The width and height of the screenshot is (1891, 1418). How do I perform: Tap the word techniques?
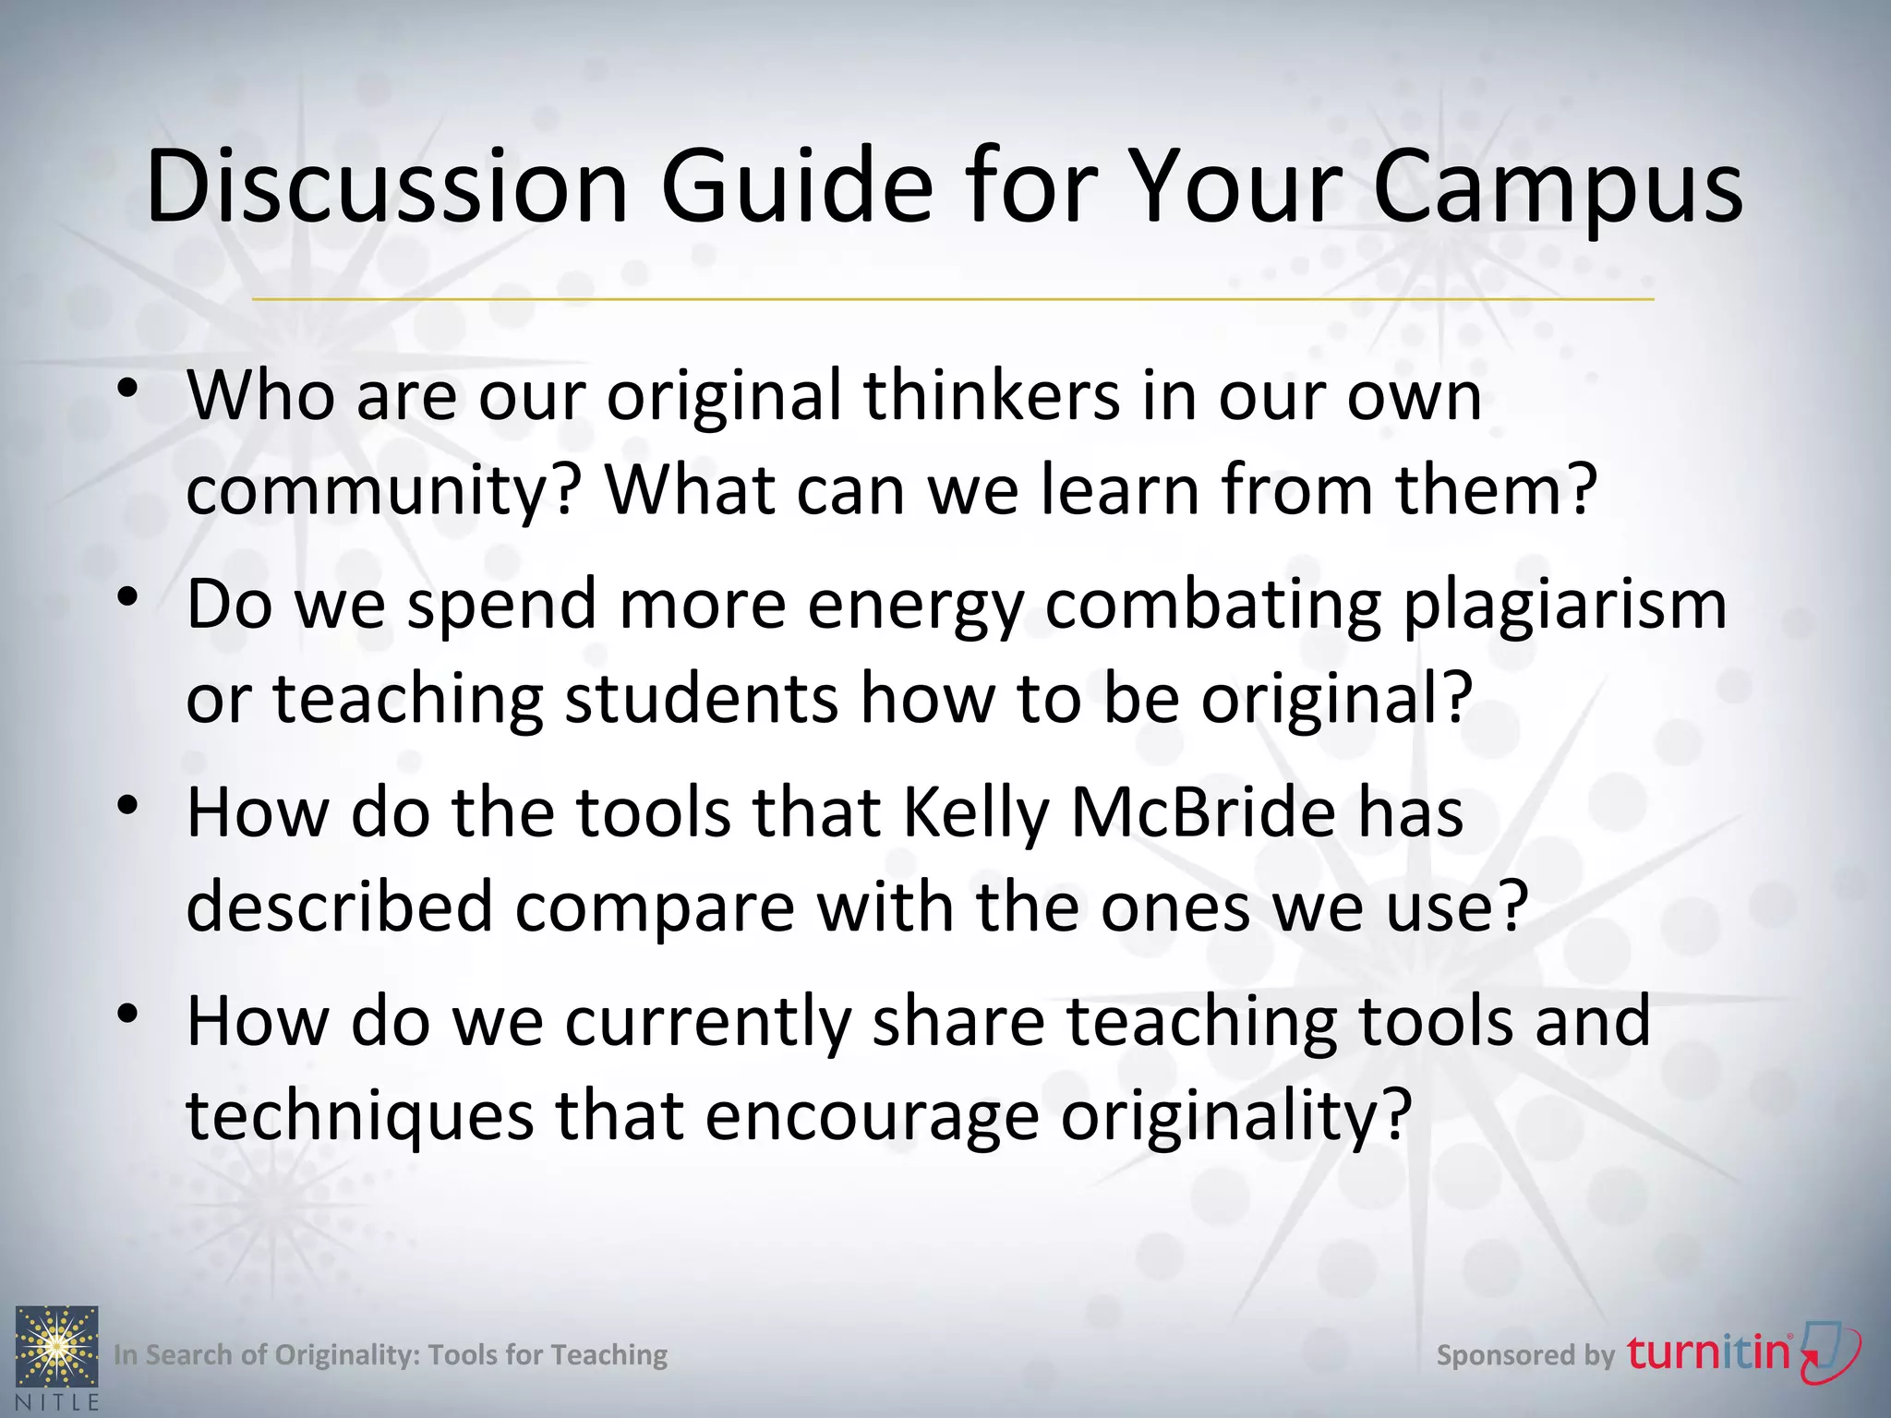[359, 1116]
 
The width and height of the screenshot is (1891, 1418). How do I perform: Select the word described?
[339, 907]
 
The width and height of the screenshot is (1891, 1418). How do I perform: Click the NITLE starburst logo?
[57, 1347]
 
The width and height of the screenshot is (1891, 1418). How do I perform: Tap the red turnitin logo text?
[1708, 1353]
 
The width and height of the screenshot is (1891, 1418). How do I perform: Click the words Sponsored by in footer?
[1524, 1355]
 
